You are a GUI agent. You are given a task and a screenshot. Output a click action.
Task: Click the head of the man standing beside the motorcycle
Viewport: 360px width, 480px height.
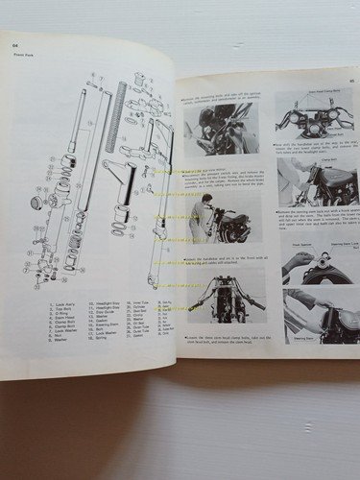[x=207, y=201]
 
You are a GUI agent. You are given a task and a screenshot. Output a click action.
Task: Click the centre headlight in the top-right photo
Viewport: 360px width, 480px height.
[x=309, y=123]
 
